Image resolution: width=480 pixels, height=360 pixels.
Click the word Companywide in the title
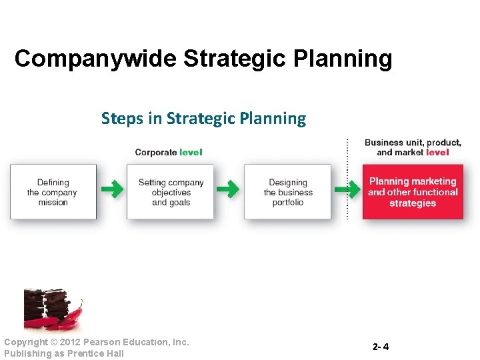(96, 59)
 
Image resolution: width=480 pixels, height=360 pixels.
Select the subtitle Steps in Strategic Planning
(203, 119)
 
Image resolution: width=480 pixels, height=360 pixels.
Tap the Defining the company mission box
(53, 192)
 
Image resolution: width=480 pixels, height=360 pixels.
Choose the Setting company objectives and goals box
(171, 192)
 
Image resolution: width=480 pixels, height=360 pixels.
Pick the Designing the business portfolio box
(287, 192)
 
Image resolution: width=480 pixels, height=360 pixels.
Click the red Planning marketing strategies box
(413, 192)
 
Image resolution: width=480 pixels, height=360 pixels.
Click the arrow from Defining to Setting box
(112, 190)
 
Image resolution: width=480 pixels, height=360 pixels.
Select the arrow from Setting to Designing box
(229, 190)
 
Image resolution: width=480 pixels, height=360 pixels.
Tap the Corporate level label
(168, 152)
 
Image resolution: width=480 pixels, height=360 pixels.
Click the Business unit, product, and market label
(413, 147)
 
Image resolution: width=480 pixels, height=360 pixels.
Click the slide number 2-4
(381, 347)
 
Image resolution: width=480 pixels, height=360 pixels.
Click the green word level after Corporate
(191, 152)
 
